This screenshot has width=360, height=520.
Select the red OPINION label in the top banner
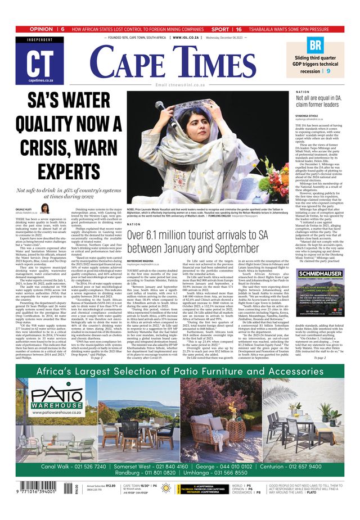coord(42,29)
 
